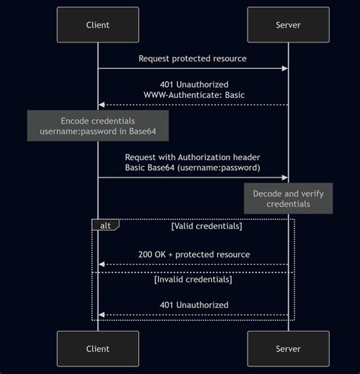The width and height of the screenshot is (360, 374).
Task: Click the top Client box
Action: (98, 25)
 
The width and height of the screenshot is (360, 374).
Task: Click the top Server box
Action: (288, 25)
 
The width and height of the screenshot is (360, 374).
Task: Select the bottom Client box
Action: (98, 348)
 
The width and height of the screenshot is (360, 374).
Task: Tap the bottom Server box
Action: (288, 348)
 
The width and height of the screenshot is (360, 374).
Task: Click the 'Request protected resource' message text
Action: (192, 58)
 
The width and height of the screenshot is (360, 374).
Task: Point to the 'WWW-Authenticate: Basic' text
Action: (193, 95)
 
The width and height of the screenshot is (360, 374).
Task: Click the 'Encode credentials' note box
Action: (98, 127)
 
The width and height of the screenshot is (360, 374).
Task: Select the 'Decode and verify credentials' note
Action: (288, 199)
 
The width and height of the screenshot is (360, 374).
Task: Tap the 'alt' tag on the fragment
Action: (105, 225)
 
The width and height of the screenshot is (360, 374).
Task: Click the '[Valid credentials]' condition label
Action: (207, 226)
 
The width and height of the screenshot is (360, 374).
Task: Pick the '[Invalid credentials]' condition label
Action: (193, 279)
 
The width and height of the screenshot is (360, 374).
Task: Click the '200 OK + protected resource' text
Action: (194, 254)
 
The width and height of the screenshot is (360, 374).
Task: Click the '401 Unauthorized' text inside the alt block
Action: (194, 305)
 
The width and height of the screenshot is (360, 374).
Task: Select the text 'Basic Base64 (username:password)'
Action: (193, 167)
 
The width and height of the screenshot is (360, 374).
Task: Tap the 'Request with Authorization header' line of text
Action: (193, 156)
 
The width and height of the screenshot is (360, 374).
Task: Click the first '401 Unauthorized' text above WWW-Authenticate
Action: (194, 84)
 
